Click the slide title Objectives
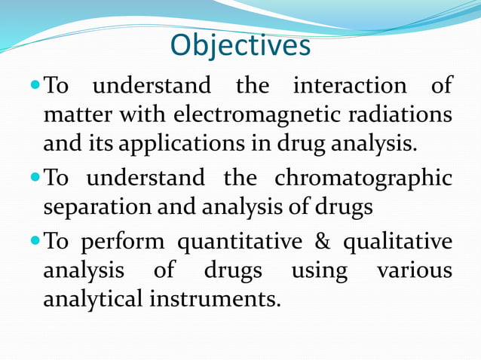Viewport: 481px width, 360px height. click(240, 46)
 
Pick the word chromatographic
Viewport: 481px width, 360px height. click(363, 178)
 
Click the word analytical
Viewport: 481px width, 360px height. click(92, 299)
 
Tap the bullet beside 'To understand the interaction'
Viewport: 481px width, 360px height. click(36, 85)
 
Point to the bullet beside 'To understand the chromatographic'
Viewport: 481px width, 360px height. click(36, 178)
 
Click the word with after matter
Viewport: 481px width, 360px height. click(140, 116)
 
